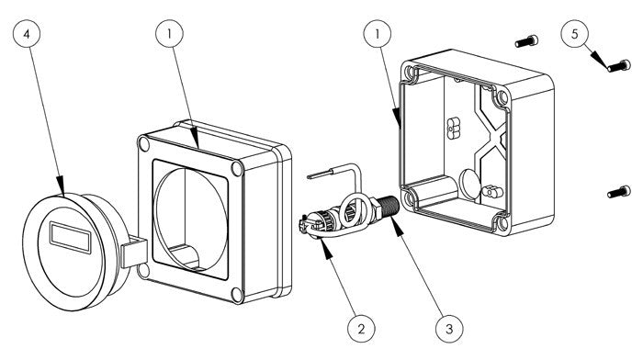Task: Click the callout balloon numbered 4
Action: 27,34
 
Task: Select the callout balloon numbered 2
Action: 361,328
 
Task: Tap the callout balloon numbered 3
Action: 449,328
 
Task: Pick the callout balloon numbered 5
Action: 574,34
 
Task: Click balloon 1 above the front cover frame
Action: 169,34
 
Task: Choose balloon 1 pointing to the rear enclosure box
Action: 378,34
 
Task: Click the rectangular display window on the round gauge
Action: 71,238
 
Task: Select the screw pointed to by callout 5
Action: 618,65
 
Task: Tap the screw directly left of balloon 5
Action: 526,41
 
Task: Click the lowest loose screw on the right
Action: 618,192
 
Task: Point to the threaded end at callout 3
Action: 389,207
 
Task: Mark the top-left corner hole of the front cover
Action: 144,144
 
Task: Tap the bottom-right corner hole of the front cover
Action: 237,295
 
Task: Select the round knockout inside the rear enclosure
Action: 468,184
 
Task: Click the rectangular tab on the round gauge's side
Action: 134,253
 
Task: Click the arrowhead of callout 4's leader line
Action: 61,186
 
